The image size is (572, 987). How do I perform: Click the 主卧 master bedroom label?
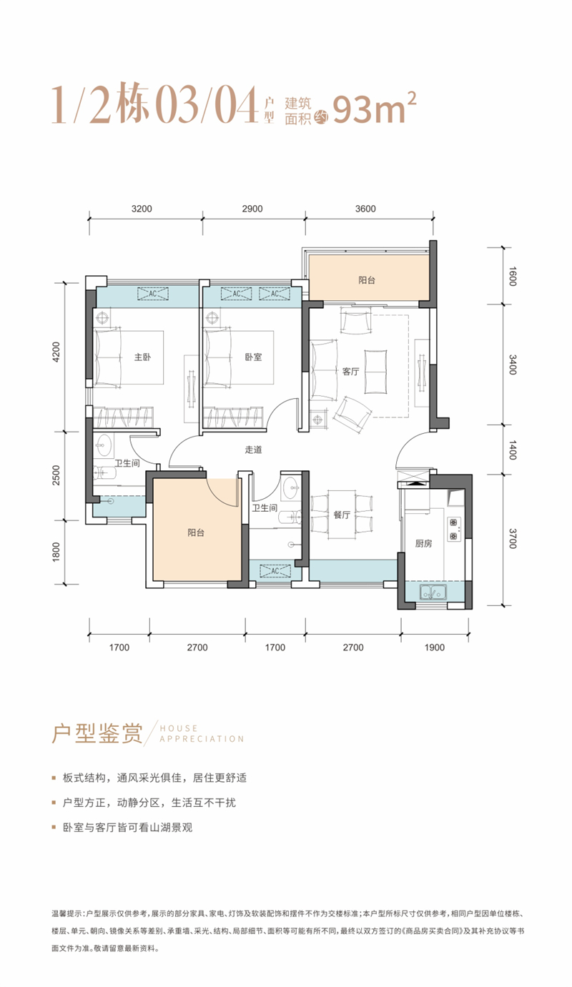pyautogui.click(x=142, y=357)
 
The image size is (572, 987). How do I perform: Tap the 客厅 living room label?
pyautogui.click(x=350, y=372)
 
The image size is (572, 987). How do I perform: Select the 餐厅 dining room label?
pyautogui.click(x=342, y=515)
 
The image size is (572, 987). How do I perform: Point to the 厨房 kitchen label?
pyautogui.click(x=423, y=544)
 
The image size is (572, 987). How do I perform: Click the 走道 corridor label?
pyautogui.click(x=253, y=450)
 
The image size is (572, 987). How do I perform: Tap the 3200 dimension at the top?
pyautogui.click(x=142, y=209)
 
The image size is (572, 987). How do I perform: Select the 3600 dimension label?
pyautogui.click(x=365, y=209)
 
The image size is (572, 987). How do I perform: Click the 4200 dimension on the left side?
pyautogui.click(x=56, y=352)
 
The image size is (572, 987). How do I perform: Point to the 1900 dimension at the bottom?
pyautogui.click(x=435, y=648)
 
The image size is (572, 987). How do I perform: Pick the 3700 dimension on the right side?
pyautogui.click(x=512, y=538)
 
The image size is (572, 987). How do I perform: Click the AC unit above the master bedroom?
pyautogui.click(x=152, y=294)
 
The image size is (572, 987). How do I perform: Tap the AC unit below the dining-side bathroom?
pyautogui.click(x=275, y=571)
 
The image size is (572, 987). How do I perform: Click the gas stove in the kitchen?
pyautogui.click(x=454, y=529)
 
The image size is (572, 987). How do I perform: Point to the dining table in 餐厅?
pyautogui.click(x=342, y=514)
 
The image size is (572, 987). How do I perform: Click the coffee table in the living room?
pyautogui.click(x=376, y=372)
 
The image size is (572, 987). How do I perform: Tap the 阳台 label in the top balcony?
pyautogui.click(x=367, y=280)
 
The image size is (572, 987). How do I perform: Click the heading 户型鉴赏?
pyautogui.click(x=97, y=734)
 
